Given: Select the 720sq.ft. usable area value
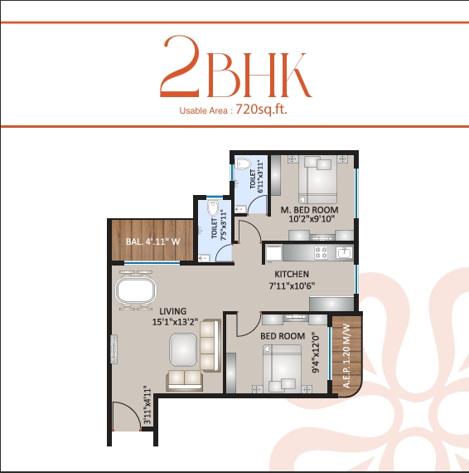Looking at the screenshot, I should [x=261, y=109].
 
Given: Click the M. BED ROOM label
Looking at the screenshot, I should [x=310, y=209].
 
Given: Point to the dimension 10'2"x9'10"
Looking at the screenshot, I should [x=310, y=221].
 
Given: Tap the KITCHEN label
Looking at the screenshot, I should [x=293, y=274].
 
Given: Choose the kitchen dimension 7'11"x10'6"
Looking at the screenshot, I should [x=293, y=286].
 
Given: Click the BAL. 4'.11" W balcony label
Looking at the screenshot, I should [x=153, y=241].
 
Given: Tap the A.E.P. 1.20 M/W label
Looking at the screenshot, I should [x=347, y=357].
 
